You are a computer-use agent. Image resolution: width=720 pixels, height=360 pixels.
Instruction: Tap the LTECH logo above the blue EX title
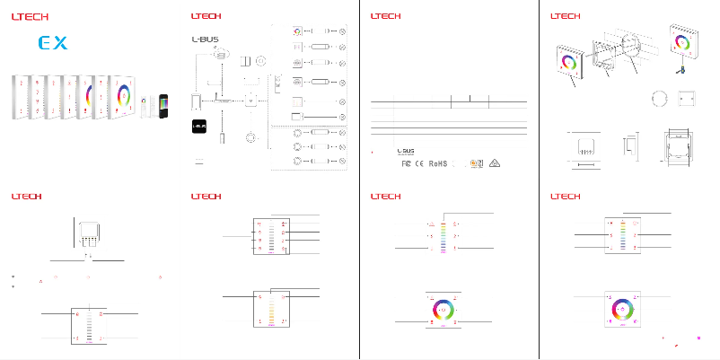31,15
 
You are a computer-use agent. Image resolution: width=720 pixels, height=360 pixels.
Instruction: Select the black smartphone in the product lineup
162,106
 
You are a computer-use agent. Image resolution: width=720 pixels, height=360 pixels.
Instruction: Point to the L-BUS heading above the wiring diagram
205,39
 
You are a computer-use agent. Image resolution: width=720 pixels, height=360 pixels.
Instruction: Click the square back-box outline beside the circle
686,98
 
